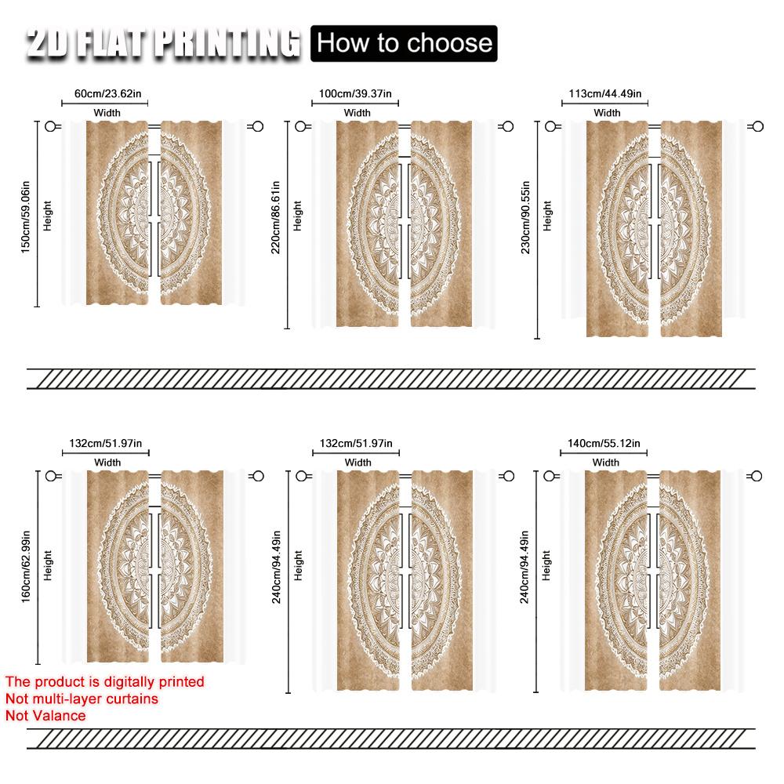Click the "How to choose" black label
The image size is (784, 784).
click(x=405, y=42)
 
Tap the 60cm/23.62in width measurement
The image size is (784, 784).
click(x=107, y=94)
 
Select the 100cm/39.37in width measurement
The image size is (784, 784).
click(x=357, y=94)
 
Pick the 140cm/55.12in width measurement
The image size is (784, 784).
click(x=604, y=444)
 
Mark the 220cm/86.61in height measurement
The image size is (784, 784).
click(x=276, y=224)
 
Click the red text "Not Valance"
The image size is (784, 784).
click(x=45, y=715)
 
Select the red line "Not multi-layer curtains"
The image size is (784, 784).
click(x=82, y=699)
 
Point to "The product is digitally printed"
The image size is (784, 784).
click(x=104, y=682)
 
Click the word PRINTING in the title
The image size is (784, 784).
click(x=227, y=44)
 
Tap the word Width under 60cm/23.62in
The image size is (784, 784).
click(x=107, y=113)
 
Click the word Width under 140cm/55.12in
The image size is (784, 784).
click(x=606, y=463)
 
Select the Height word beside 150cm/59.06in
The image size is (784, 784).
click(x=48, y=214)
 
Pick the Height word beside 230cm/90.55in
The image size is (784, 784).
click(x=547, y=216)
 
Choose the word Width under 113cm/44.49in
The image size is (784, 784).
click(x=607, y=113)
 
